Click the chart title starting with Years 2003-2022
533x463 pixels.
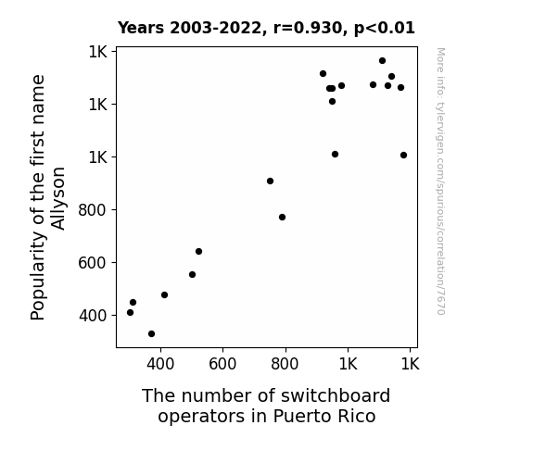pyautogui.click(x=266, y=28)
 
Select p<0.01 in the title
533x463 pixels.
pyautogui.click(x=385, y=29)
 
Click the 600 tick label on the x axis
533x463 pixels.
pyautogui.click(x=222, y=364)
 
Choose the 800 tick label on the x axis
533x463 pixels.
pyautogui.click(x=285, y=364)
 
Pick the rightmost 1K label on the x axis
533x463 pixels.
pyautogui.click(x=411, y=364)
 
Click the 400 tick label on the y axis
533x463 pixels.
pyautogui.click(x=93, y=316)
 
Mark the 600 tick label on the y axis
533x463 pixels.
pyautogui.click(x=93, y=263)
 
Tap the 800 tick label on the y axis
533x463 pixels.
pyautogui.click(x=93, y=210)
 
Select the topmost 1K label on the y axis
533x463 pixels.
pyautogui.click(x=98, y=52)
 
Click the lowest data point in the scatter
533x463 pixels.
pyautogui.click(x=152, y=334)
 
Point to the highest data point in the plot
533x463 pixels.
pyautogui.click(x=383, y=61)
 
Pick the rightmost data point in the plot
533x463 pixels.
pyautogui.click(x=403, y=156)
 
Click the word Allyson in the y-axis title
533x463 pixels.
pyautogui.click(x=57, y=199)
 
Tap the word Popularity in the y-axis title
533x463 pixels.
pyautogui.click(x=38, y=276)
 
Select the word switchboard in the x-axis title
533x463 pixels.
pyautogui.click(x=336, y=395)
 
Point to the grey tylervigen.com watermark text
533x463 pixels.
pyautogui.click(x=440, y=181)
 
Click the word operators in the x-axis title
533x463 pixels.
pyautogui.click(x=202, y=417)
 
